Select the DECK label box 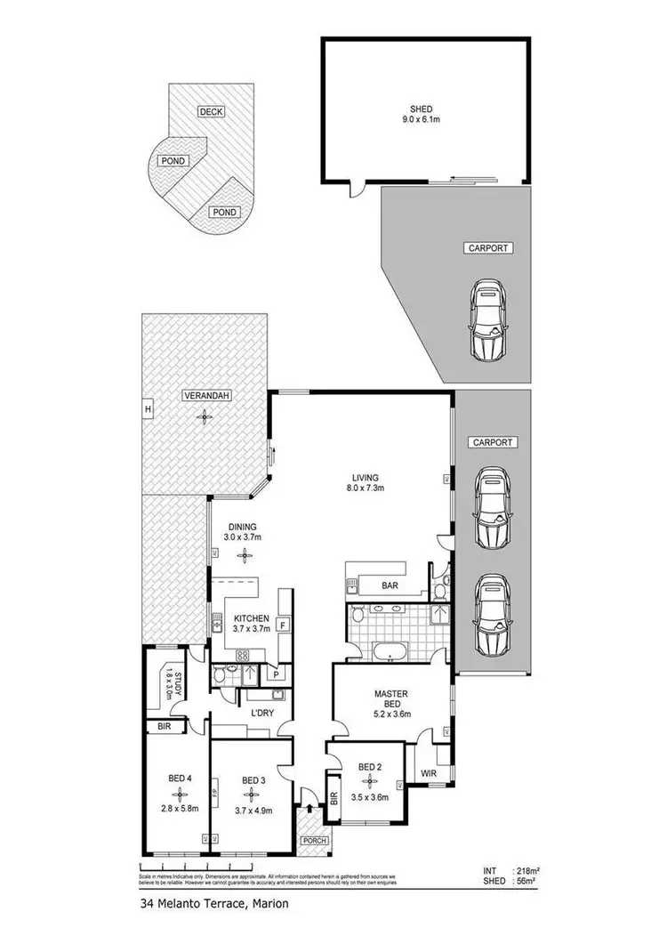pyautogui.click(x=211, y=111)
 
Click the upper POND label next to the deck pyautogui.click(x=172, y=161)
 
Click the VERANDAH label pyautogui.click(x=205, y=396)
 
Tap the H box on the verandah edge pyautogui.click(x=147, y=408)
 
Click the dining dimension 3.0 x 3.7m pyautogui.click(x=242, y=537)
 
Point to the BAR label pyautogui.click(x=389, y=587)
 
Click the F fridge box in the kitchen pyautogui.click(x=282, y=624)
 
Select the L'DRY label pyautogui.click(x=260, y=714)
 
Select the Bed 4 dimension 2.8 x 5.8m pyautogui.click(x=181, y=808)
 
